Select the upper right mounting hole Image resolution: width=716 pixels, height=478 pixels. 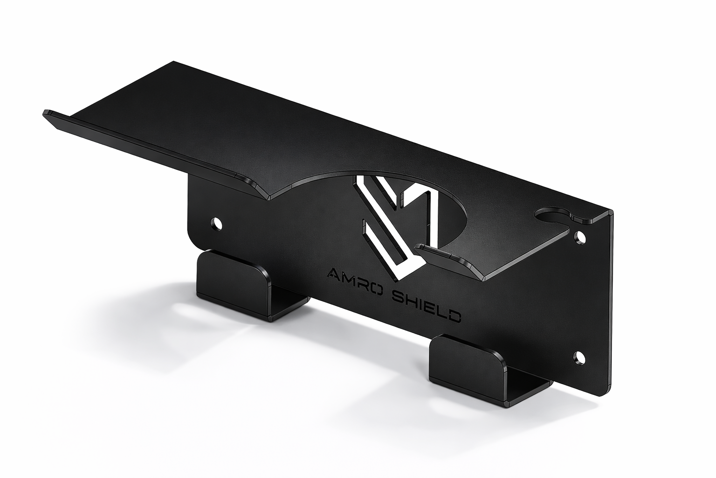[579, 238]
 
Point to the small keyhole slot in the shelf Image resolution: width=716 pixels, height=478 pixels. [553, 215]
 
